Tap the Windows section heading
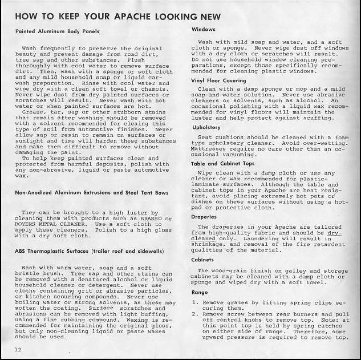pos(204,29)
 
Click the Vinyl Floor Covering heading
pos(219,81)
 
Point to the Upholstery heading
pos(206,127)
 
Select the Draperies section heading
pos(205,217)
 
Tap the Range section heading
pos(200,292)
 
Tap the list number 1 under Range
pos(195,303)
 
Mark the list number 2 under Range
pos(195,314)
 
